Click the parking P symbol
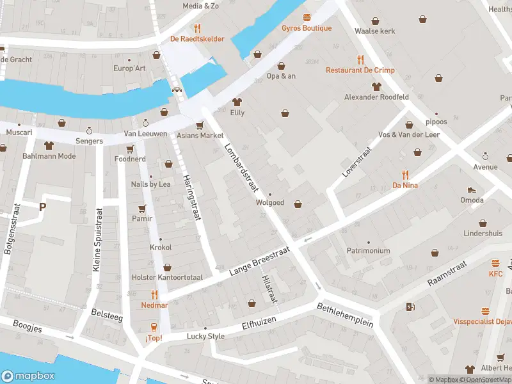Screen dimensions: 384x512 click(43, 207)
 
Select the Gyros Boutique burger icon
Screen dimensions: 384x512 click(307, 18)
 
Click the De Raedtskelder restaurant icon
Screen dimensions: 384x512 click(197, 28)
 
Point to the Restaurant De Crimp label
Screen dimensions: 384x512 click(360, 70)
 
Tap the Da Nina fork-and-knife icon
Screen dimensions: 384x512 click(405, 175)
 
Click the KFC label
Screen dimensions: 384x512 click(496, 274)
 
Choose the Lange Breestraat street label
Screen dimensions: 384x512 click(260, 262)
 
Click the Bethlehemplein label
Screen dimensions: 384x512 click(345, 315)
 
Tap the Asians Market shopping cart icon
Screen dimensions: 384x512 click(200, 125)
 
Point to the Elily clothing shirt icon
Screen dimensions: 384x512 click(237, 102)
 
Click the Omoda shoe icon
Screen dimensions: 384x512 click(472, 189)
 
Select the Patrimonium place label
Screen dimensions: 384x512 click(368, 251)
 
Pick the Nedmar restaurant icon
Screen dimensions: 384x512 click(154, 295)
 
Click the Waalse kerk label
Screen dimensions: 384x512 click(375, 31)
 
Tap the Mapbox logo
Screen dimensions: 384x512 click(28, 376)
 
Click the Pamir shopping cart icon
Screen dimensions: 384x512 click(142, 208)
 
